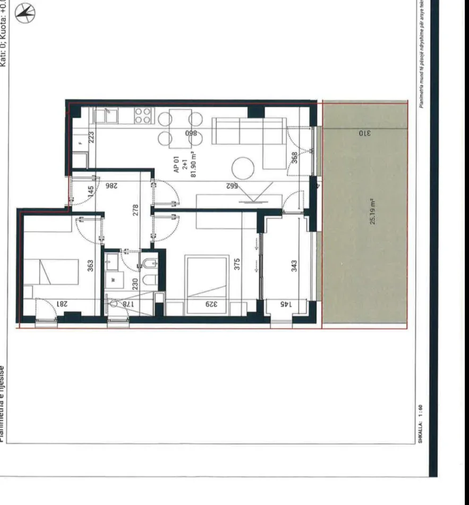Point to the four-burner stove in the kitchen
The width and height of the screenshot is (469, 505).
tap(142, 115)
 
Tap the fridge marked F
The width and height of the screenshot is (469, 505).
tap(80, 142)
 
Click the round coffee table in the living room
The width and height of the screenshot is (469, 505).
tap(243, 167)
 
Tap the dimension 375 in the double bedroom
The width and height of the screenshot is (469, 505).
tap(237, 263)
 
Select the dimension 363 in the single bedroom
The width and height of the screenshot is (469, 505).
tap(90, 264)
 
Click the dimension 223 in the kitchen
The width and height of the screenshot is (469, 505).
tap(90, 137)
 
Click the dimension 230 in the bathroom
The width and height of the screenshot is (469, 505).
tap(135, 284)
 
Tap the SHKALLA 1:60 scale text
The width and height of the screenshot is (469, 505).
tap(421, 423)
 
